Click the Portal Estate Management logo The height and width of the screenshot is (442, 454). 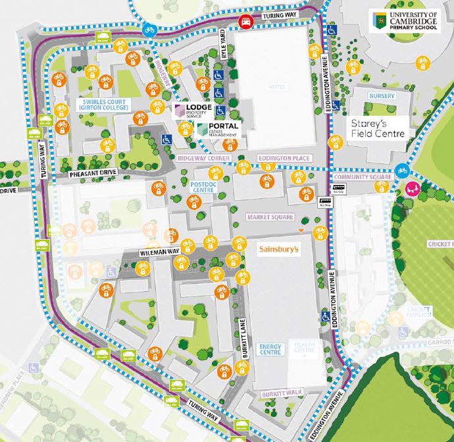[x=215, y=129]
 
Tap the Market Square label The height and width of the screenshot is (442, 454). [x=268, y=217]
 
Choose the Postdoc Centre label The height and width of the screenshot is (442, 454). [x=203, y=187]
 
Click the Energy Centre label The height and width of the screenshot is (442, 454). [x=270, y=349]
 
